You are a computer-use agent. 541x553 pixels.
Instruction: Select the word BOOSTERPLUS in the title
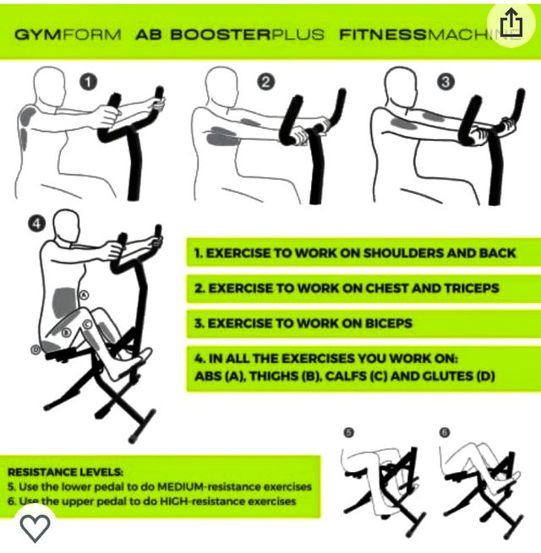click(x=247, y=35)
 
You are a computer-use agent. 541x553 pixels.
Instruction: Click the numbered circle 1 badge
click(x=89, y=82)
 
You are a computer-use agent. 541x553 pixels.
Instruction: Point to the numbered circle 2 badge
click(x=266, y=82)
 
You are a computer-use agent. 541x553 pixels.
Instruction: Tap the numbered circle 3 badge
click(x=445, y=82)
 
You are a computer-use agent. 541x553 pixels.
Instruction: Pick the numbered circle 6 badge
click(x=445, y=433)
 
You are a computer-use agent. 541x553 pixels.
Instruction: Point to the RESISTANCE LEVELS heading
click(x=65, y=473)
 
